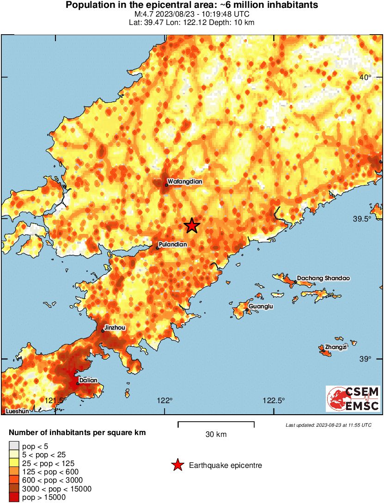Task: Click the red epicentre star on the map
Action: point(192,226)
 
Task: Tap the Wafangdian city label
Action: point(185,182)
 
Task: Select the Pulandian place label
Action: point(173,244)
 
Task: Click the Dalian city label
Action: point(88,380)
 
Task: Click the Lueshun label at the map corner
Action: point(17,411)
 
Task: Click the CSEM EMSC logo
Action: point(353,399)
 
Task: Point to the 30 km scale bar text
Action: point(216,434)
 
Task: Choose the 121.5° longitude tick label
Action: point(56,400)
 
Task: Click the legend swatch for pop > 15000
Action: point(14,497)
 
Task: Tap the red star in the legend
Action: point(177,465)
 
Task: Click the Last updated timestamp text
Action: point(328,425)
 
